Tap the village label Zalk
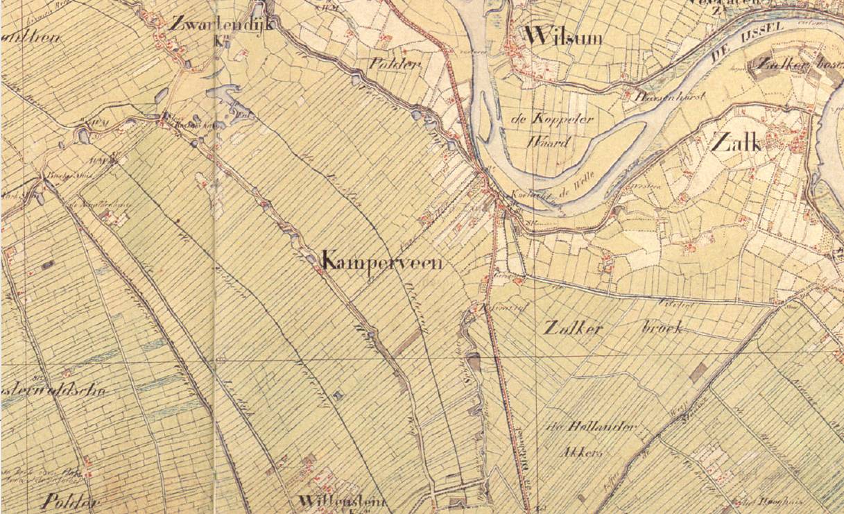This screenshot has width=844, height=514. tap(735, 144)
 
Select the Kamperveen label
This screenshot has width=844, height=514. tap(382, 264)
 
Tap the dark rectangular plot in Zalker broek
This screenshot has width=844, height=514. tap(699, 372)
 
